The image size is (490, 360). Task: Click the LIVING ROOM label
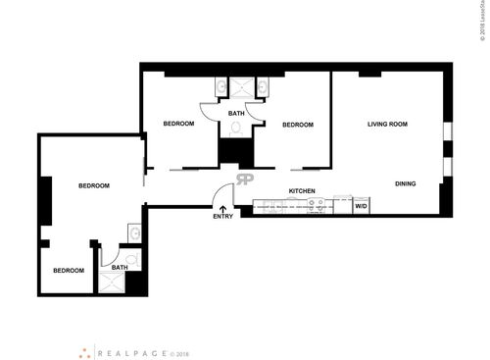pyautogui.click(x=387, y=125)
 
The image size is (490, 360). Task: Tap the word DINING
pyautogui.click(x=406, y=183)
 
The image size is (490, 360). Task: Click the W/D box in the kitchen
pyautogui.click(x=360, y=206)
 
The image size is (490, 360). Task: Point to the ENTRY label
pyautogui.click(x=222, y=217)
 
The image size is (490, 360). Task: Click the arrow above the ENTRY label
pyautogui.click(x=222, y=207)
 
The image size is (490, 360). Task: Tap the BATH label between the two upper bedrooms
pyautogui.click(x=236, y=114)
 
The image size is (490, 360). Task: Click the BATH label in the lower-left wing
pyautogui.click(x=119, y=267)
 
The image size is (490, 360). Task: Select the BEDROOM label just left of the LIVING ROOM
pyautogui.click(x=297, y=125)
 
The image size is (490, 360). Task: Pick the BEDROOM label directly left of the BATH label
pyautogui.click(x=178, y=124)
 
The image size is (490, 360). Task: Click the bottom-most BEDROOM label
pyautogui.click(x=69, y=271)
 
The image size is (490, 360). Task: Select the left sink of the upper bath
pyautogui.click(x=221, y=90)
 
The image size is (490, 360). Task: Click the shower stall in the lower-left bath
pyautogui.click(x=109, y=283)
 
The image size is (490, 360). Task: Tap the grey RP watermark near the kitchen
pyautogui.click(x=245, y=179)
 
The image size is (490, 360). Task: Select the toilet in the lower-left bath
pyautogui.click(x=132, y=260)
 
